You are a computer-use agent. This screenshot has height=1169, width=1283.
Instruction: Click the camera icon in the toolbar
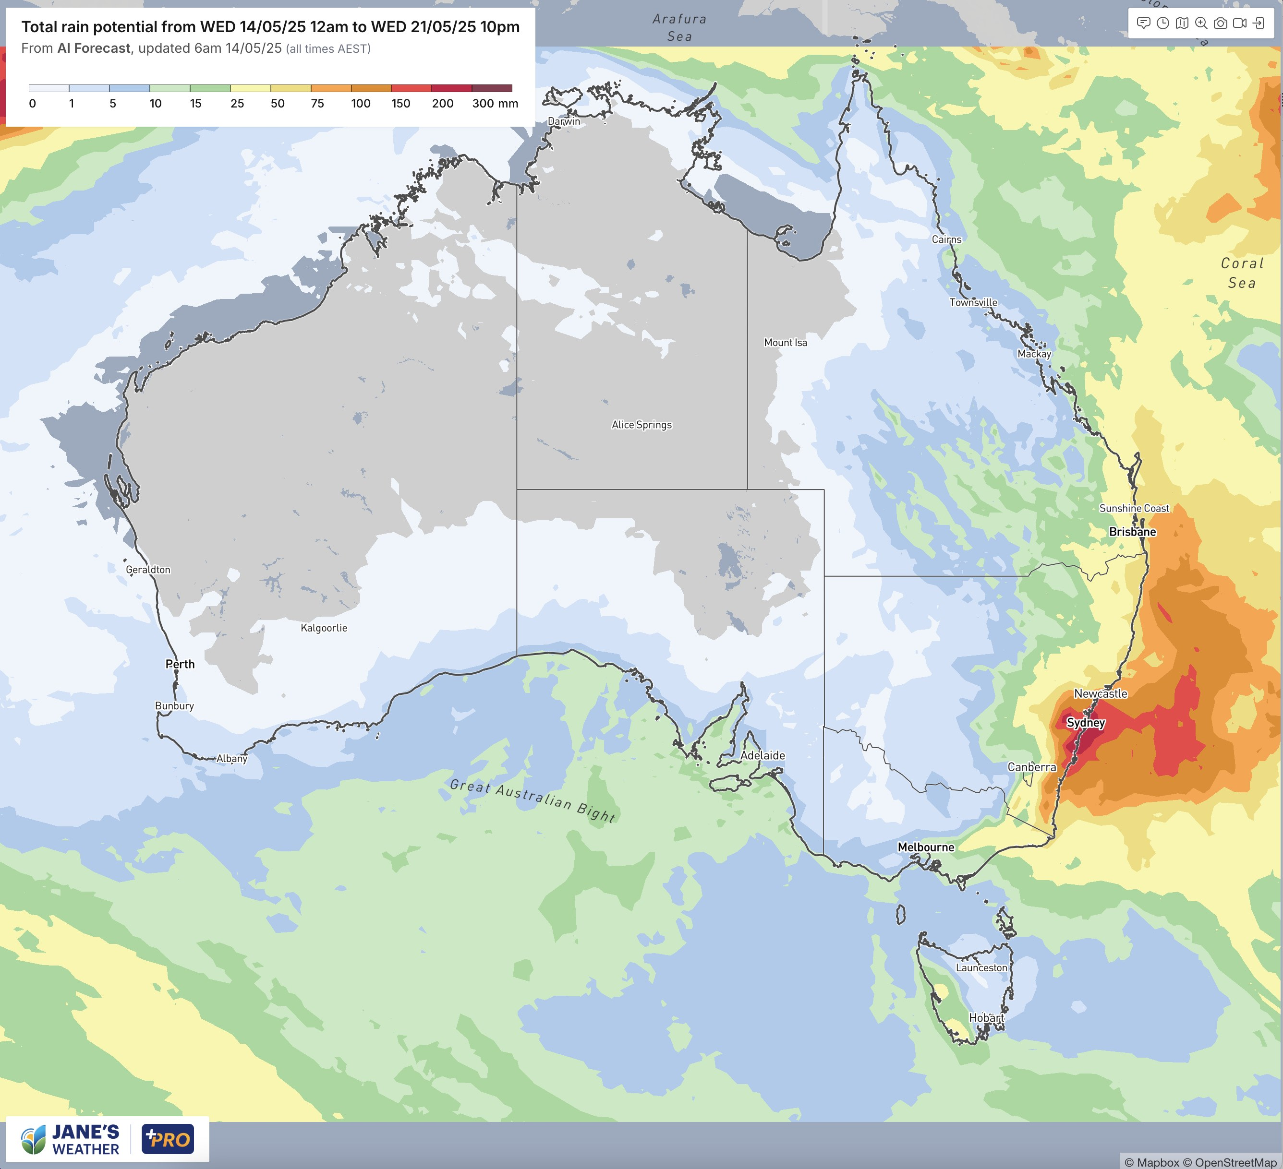tap(1220, 24)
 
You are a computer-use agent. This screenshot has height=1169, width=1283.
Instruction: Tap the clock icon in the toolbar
tap(1163, 24)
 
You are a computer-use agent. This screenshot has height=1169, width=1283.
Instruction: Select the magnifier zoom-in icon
tap(1201, 24)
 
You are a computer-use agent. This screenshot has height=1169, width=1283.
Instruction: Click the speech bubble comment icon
tap(1144, 24)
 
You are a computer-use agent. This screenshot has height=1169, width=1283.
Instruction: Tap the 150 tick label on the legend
tap(400, 104)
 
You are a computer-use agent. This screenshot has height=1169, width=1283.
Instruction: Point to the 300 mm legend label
tap(495, 104)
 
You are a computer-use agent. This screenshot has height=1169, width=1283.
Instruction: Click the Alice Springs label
tap(641, 425)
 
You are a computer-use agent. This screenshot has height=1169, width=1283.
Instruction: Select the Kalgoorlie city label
tap(324, 628)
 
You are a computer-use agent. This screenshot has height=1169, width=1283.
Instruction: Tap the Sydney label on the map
tap(1086, 723)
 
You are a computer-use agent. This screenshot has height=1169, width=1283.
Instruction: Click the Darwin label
tap(564, 121)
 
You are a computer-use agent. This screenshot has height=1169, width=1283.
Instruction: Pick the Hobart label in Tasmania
tap(986, 1018)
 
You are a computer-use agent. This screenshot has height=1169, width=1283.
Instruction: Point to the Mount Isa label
tap(786, 342)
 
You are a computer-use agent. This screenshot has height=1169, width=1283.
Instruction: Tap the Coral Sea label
tap(1242, 273)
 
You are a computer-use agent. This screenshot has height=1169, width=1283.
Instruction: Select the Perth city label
tap(180, 664)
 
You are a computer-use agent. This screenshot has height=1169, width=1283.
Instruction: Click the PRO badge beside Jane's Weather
tap(168, 1139)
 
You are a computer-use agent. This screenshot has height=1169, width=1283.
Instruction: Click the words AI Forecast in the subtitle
tap(94, 48)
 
